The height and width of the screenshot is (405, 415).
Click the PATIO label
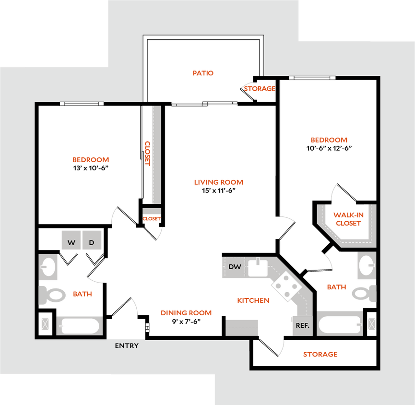click(x=203, y=73)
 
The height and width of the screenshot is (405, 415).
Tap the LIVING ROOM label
click(x=219, y=182)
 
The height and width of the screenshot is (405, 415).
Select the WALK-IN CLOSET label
click(x=349, y=219)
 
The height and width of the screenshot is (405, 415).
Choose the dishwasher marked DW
click(x=234, y=267)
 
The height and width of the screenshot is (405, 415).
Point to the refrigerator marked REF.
click(x=302, y=325)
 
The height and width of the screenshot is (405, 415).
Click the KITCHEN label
click(x=254, y=301)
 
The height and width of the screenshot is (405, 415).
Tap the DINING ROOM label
click(x=186, y=313)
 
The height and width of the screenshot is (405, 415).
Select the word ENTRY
click(x=127, y=345)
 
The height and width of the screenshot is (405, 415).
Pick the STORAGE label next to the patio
click(x=260, y=89)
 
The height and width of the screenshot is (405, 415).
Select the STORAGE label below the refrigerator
click(x=320, y=355)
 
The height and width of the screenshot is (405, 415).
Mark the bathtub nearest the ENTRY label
click(x=79, y=326)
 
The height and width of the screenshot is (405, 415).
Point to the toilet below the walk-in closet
click(x=363, y=293)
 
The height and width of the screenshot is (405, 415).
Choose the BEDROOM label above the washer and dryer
click(x=91, y=160)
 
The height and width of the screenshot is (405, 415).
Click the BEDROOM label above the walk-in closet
click(x=329, y=140)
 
